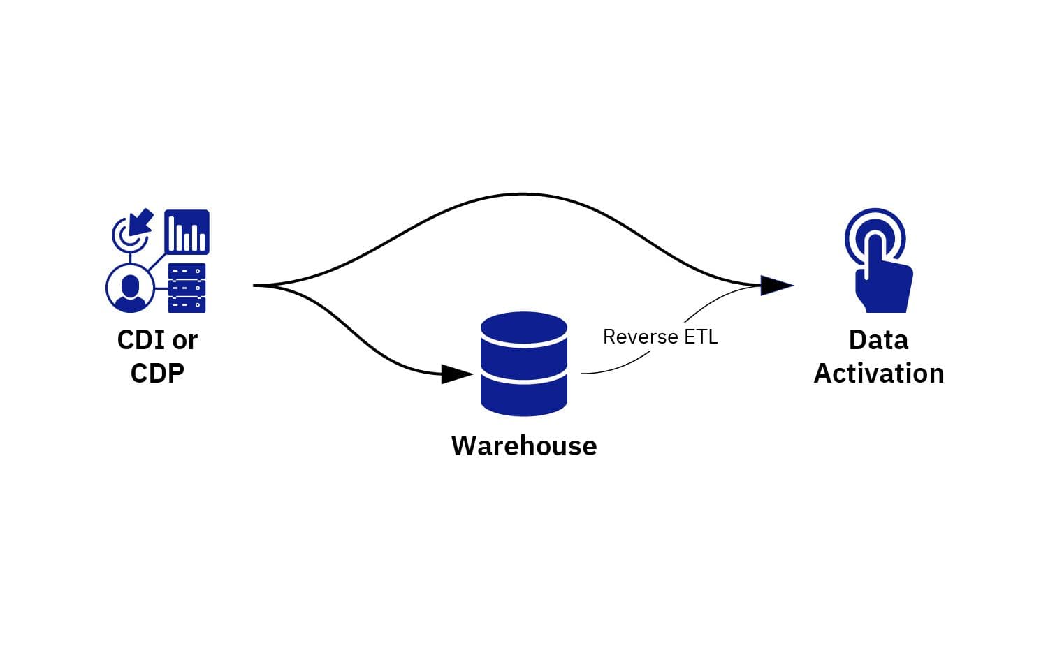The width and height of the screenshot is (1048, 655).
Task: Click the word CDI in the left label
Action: (x=141, y=341)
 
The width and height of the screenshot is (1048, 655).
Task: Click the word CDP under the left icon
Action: (x=157, y=374)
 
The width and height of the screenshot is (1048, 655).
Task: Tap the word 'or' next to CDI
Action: (x=185, y=341)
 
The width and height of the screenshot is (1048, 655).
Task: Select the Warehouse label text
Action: (x=524, y=446)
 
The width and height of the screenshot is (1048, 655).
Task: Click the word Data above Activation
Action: (x=878, y=341)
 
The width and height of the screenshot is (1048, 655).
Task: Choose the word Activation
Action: (x=878, y=374)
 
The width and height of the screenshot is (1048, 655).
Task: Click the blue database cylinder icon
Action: (x=524, y=365)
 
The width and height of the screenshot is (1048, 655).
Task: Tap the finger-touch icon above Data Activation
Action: (x=878, y=262)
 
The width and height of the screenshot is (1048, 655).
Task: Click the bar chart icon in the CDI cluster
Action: (x=187, y=232)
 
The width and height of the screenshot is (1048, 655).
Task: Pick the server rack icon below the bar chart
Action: (x=187, y=288)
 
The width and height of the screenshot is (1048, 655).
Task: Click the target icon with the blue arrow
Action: (x=132, y=230)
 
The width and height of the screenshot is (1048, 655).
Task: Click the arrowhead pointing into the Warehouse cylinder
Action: (x=458, y=374)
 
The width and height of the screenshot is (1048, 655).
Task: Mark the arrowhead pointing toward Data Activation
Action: (x=776, y=285)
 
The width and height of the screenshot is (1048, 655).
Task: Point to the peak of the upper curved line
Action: (x=522, y=194)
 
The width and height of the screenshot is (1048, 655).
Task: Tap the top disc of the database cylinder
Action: (x=524, y=328)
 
